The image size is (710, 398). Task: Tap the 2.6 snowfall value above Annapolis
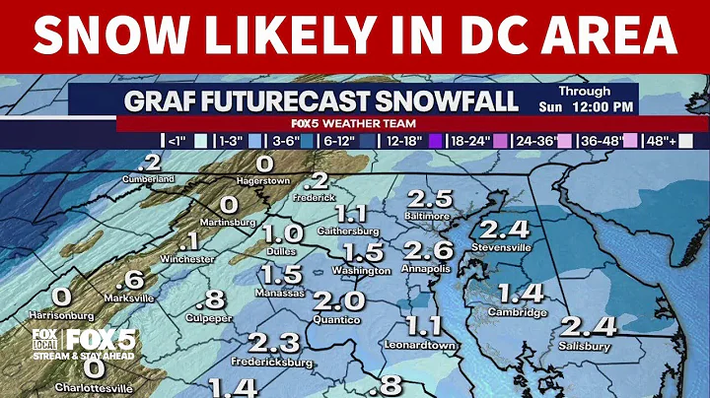tap(428, 249)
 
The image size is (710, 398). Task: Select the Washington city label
tap(362, 270)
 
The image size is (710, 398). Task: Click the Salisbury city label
tap(584, 347)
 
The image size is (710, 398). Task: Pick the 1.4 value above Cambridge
tap(521, 293)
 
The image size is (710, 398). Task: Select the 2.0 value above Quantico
tap(340, 300)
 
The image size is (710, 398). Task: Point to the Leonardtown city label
tap(425, 346)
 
